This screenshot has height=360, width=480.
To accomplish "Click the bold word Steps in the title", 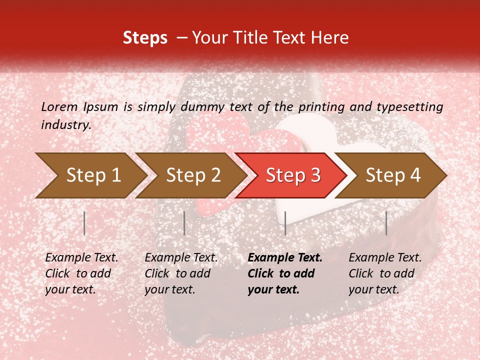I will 145,38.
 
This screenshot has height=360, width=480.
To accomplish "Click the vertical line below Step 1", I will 84,223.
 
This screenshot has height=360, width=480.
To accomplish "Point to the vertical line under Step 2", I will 184,223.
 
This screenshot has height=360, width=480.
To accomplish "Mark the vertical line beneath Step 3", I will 285,223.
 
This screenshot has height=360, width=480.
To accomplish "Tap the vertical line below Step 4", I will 386,223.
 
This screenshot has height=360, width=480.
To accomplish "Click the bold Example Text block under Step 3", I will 285,273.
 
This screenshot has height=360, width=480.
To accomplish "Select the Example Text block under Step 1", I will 81,273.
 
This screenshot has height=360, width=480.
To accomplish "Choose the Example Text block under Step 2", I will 181,273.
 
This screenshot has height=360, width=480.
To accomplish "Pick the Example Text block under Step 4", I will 385,273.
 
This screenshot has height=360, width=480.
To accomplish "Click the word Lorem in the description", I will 59,106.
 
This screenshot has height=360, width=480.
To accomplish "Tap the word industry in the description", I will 66,125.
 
